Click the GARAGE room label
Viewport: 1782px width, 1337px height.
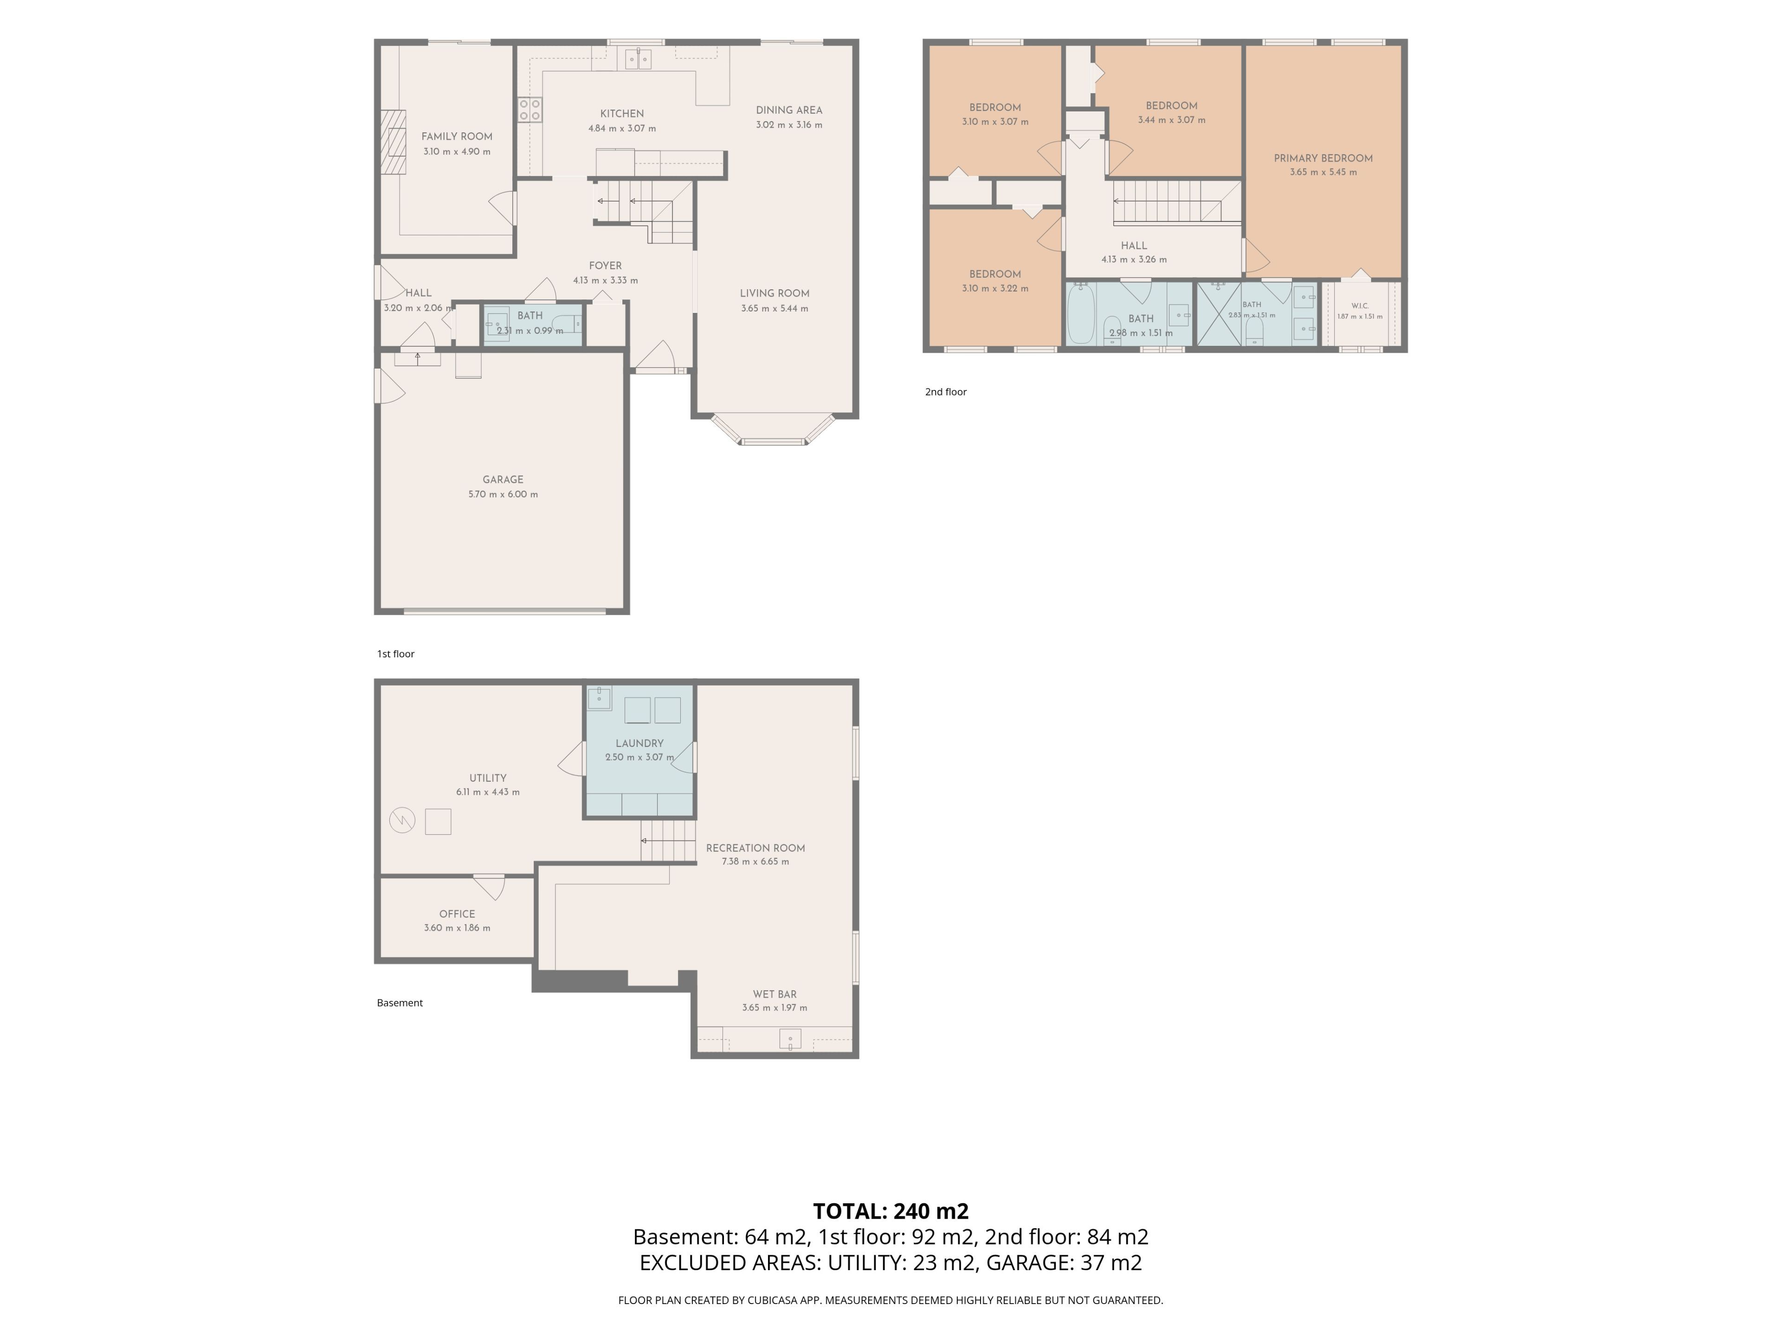pyautogui.click(x=503, y=480)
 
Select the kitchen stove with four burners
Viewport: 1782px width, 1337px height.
pyautogui.click(x=529, y=110)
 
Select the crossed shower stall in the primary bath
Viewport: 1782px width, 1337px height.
pyautogui.click(x=1219, y=314)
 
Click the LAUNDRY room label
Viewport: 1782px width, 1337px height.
pyautogui.click(x=639, y=743)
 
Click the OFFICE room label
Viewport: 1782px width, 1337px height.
pyautogui.click(x=457, y=914)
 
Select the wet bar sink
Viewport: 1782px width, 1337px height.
pyautogui.click(x=790, y=1039)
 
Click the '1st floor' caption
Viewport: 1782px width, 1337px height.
pyautogui.click(x=395, y=654)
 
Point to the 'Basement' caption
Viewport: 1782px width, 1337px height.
pyautogui.click(x=400, y=1003)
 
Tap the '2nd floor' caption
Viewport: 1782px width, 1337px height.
pyautogui.click(x=946, y=392)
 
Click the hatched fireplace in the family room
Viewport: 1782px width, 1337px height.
pyautogui.click(x=394, y=142)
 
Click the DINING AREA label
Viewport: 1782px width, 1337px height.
pyautogui.click(x=789, y=110)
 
